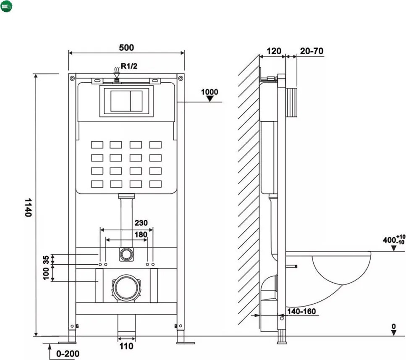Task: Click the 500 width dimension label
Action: (x=126, y=47)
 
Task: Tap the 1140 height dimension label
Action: (x=28, y=208)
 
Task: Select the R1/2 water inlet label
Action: (x=129, y=66)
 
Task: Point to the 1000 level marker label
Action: (x=210, y=92)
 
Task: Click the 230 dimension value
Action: (x=141, y=223)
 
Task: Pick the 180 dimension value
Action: (x=141, y=234)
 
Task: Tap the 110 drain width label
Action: (x=126, y=346)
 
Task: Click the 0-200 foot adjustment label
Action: (x=68, y=354)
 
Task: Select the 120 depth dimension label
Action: (x=274, y=51)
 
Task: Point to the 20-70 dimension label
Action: (x=312, y=51)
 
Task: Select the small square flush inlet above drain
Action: (x=126, y=254)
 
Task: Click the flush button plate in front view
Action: (x=126, y=101)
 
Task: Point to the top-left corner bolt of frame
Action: (x=72, y=78)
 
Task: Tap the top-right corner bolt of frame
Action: (x=181, y=78)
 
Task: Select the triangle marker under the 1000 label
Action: (x=210, y=99)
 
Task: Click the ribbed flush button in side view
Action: (x=291, y=102)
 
